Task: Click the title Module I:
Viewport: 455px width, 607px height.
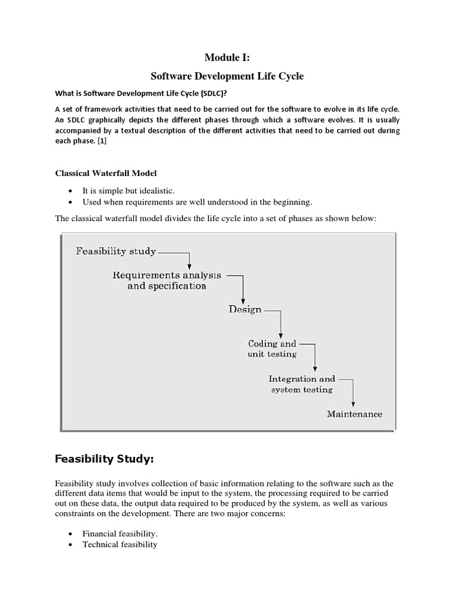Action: click(x=227, y=57)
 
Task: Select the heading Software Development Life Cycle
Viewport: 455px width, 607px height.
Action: click(x=227, y=77)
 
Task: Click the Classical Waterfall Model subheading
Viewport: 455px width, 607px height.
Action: click(x=106, y=173)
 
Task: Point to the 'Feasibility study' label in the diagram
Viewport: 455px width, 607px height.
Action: click(x=116, y=251)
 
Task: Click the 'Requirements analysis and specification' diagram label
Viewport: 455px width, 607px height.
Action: click(x=166, y=280)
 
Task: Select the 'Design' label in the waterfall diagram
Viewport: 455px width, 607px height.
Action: click(x=245, y=309)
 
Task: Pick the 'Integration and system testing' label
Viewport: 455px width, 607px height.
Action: click(x=302, y=384)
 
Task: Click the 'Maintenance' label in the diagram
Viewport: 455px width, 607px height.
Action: click(x=354, y=414)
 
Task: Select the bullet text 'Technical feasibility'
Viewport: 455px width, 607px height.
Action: click(x=120, y=544)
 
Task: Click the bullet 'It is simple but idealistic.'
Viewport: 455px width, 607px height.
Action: click(x=129, y=190)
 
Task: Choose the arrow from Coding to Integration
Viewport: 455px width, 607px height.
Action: click(x=315, y=356)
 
